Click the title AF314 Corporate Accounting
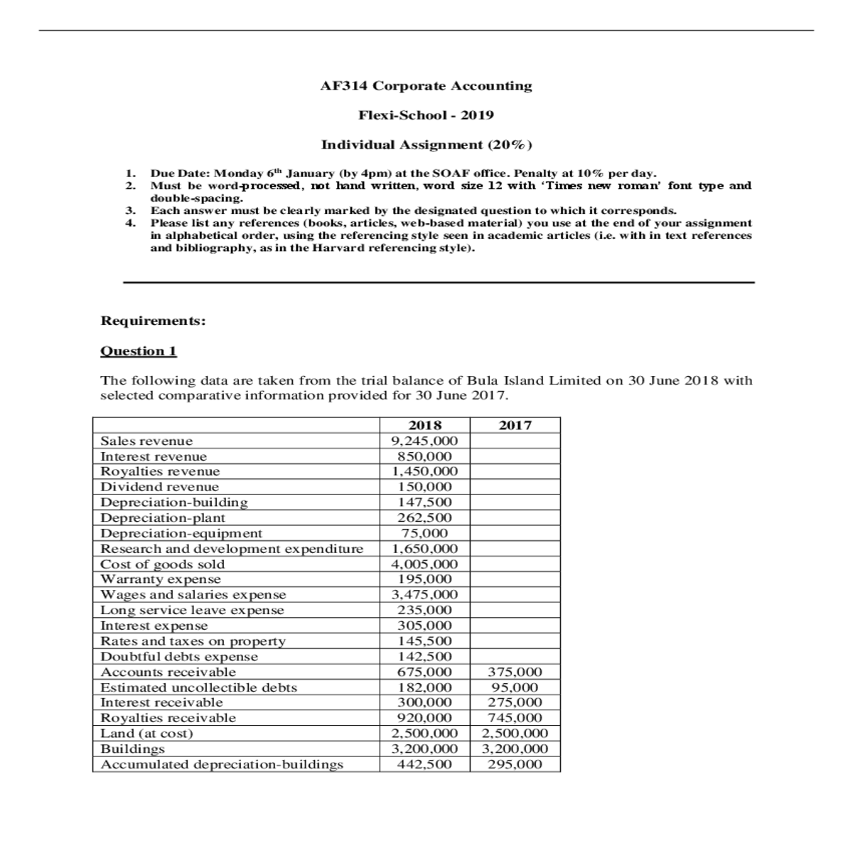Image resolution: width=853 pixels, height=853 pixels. tap(426, 86)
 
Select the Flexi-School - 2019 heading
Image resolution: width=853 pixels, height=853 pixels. tap(426, 115)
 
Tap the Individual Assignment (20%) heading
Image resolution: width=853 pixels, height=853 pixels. tap(426, 145)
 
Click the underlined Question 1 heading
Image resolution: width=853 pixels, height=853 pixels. tap(139, 351)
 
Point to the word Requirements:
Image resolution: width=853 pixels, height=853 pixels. tap(154, 321)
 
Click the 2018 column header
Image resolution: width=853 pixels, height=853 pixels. tap(425, 425)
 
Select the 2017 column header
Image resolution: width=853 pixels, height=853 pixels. tap(515, 425)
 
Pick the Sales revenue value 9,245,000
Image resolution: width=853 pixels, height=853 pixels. tap(425, 441)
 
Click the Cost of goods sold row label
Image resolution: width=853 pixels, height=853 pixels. tap(163, 564)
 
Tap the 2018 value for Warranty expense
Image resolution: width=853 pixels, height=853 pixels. tap(425, 579)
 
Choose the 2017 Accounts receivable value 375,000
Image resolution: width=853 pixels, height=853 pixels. tap(515, 672)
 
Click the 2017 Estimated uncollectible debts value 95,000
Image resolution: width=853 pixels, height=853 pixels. tap(515, 687)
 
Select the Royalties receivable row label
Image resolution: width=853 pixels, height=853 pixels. tap(168, 718)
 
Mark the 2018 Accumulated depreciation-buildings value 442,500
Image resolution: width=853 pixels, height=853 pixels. tap(425, 765)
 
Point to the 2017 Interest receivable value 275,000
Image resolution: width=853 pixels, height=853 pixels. tap(515, 702)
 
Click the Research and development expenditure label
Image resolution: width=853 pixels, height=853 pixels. tap(232, 549)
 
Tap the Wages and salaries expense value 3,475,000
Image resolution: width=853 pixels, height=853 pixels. tap(425, 595)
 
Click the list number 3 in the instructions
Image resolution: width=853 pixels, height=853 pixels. tap(129, 210)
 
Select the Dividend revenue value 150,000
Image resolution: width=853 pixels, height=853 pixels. tap(425, 487)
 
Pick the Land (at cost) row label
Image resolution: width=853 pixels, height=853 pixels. tap(146, 734)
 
